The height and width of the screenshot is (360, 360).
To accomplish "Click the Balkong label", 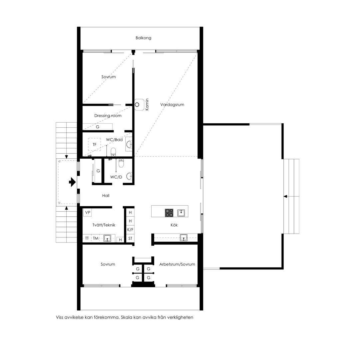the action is tap(143, 38).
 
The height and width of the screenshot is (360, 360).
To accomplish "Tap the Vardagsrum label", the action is tap(172, 105).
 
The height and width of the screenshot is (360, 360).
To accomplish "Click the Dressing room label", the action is tap(108, 116).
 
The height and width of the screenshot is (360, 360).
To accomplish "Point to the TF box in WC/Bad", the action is tap(94, 144).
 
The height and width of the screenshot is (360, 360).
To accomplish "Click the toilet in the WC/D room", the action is tap(121, 163).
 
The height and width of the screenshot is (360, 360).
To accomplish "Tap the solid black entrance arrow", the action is tap(72, 182).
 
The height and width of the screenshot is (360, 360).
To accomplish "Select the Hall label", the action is tap(106, 196).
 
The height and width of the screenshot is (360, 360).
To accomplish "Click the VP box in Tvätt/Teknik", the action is tap(87, 212).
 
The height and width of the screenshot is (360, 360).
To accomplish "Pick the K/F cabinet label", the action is tap(130, 230).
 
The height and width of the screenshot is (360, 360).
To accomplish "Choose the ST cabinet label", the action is tap(130, 238).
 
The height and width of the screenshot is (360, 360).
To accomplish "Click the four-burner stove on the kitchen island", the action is tap(169, 213).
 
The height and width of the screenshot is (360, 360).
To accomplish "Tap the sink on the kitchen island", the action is tap(181, 213).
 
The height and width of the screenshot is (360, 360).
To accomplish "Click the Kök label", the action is tap(174, 225).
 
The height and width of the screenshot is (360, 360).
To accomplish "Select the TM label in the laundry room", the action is tap(96, 239).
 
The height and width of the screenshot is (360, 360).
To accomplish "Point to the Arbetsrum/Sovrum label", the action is tap(177, 264).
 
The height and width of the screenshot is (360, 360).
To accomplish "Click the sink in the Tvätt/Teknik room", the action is tap(107, 238).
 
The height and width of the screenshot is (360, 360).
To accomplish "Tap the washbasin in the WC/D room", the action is tap(129, 176).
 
